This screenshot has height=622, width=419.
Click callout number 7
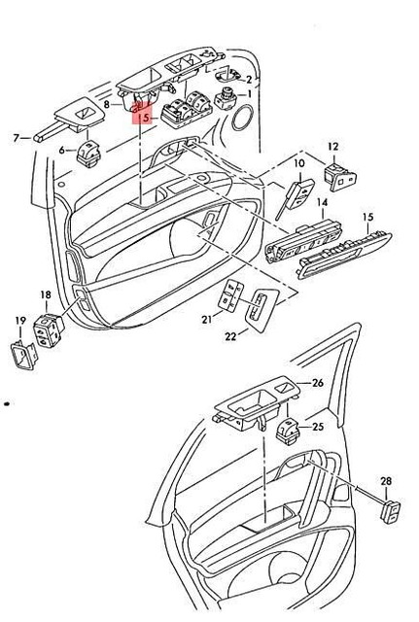[x=16, y=138]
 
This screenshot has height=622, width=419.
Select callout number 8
[x=107, y=102]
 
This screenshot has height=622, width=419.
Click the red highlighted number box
[x=144, y=118]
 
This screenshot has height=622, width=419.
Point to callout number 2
[x=248, y=80]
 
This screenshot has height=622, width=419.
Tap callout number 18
[x=45, y=294]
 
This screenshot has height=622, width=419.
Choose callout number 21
[x=207, y=320]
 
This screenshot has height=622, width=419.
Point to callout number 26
[x=317, y=383]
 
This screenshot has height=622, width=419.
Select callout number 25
[x=316, y=427]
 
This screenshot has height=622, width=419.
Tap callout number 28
[x=385, y=481]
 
